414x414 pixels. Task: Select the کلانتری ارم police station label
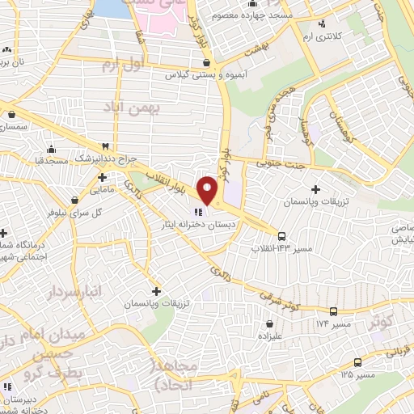tap(333, 37)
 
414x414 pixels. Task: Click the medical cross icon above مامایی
tap(103, 176)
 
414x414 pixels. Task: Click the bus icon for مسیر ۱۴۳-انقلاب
tap(281, 236)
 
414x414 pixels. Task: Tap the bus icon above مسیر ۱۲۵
tap(357, 362)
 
